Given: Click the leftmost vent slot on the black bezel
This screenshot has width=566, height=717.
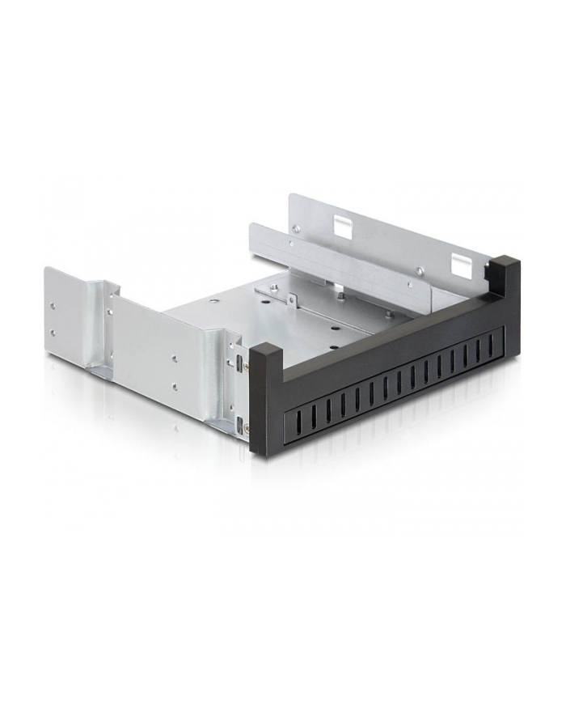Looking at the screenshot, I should [x=297, y=418].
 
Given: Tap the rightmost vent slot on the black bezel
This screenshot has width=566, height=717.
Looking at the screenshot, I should [x=491, y=346].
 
